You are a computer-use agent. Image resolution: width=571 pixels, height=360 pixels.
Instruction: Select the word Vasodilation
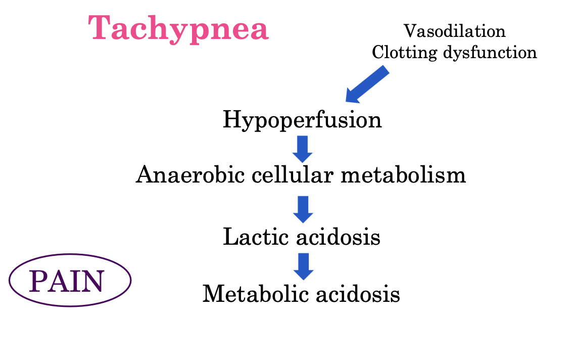click(454, 31)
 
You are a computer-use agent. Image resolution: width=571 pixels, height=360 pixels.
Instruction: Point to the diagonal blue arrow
click(367, 84)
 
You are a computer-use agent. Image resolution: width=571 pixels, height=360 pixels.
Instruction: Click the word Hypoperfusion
click(302, 121)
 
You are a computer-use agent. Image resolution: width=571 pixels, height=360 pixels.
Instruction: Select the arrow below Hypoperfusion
click(303, 148)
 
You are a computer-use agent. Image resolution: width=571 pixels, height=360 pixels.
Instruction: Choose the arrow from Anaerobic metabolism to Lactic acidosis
click(303, 209)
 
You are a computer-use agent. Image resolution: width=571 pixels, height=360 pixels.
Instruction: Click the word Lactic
click(256, 236)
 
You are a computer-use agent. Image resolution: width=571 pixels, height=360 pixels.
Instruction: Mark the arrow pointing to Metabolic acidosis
click(303, 266)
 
